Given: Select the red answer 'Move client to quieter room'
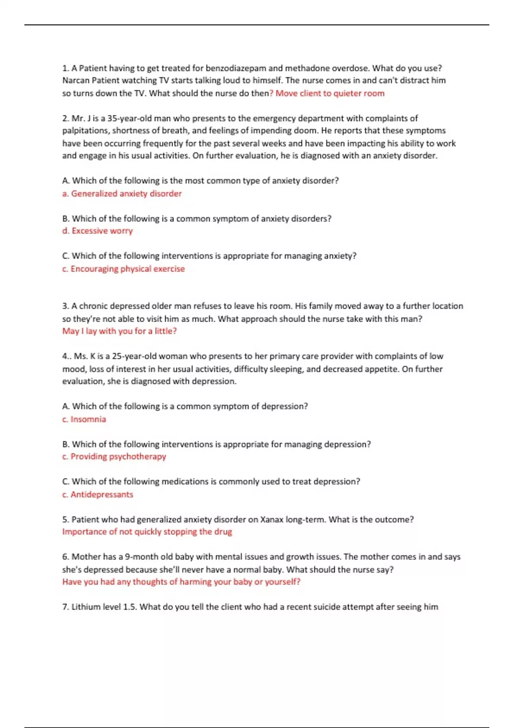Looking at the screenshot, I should pyautogui.click(x=330, y=93).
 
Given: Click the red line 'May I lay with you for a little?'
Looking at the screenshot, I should pyautogui.click(x=120, y=331).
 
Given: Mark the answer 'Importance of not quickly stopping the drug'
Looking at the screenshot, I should pyautogui.click(x=147, y=532).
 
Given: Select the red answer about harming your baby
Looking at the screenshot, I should pyautogui.click(x=181, y=582).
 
